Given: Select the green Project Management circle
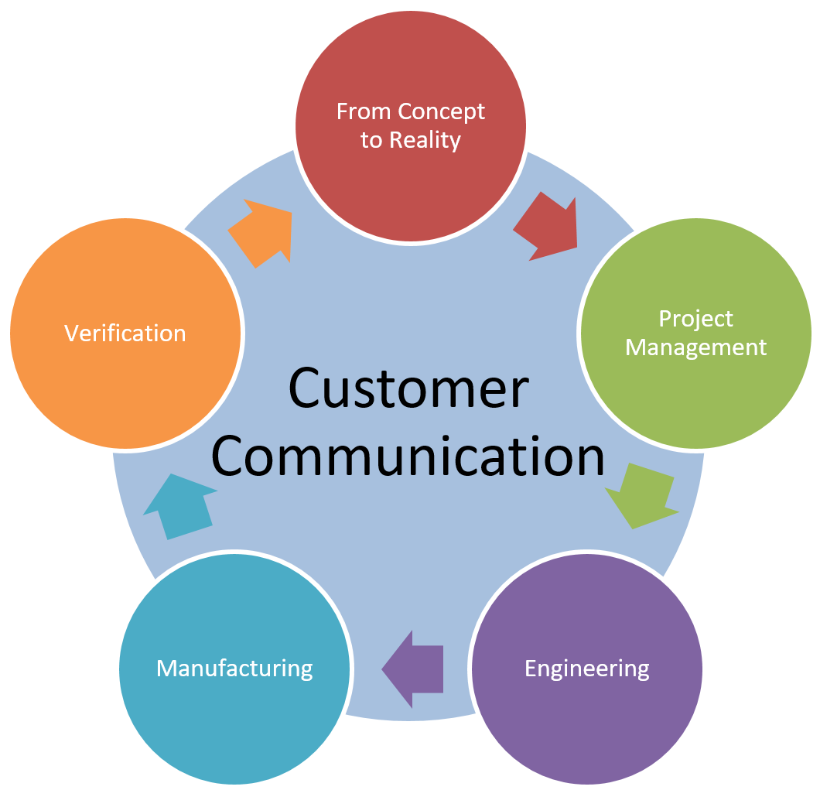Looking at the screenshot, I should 695,387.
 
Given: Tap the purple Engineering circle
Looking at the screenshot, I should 586,712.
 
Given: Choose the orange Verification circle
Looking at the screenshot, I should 125,387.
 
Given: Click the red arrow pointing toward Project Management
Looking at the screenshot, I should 548,228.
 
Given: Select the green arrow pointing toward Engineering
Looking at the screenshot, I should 641,495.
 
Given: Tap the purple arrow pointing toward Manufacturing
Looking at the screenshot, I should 413,667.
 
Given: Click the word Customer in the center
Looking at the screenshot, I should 408,388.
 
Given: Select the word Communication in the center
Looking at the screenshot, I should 408,457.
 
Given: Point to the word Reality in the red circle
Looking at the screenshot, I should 425,141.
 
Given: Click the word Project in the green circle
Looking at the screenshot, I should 695,319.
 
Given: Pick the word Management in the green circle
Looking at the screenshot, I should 695,347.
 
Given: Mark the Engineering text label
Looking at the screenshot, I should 586,668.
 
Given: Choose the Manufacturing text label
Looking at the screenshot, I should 234,668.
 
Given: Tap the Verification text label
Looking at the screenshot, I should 125,333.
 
